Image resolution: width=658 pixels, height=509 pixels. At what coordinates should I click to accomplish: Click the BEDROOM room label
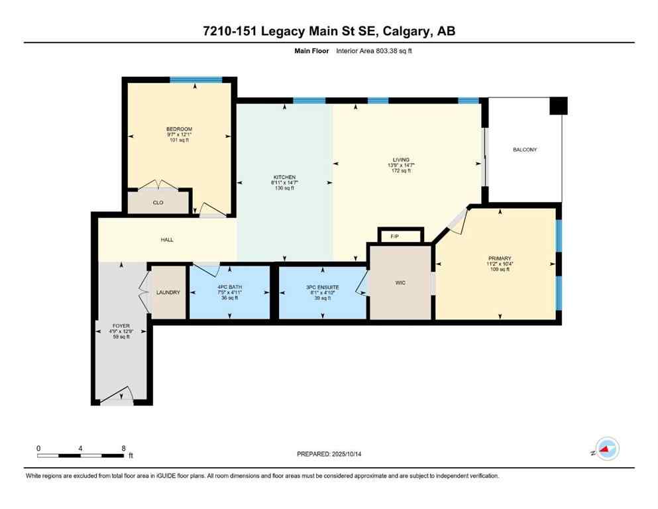(179, 129)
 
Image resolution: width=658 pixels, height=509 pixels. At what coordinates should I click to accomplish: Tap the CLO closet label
(158, 203)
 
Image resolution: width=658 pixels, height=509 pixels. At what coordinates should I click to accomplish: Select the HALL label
(167, 239)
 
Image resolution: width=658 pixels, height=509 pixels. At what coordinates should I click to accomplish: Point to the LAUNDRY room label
(168, 292)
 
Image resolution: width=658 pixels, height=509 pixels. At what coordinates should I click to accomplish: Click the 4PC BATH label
(229, 286)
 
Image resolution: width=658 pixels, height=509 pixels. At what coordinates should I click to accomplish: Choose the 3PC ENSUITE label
(323, 286)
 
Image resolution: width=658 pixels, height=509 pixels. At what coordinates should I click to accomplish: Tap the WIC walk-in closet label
(400, 283)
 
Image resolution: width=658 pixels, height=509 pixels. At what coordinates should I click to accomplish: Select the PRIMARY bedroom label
(500, 258)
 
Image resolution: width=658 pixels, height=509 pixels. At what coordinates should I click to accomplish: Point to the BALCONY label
(525, 150)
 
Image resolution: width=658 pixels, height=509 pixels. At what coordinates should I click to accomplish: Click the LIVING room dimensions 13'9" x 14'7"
(401, 165)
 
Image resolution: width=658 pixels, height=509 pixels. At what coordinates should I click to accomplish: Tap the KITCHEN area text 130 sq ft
(285, 188)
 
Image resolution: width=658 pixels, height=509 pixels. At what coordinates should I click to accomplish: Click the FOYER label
(120, 325)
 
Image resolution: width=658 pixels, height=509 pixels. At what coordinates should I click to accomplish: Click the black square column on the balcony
(559, 106)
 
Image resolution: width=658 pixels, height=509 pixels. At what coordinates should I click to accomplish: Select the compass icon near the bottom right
(606, 449)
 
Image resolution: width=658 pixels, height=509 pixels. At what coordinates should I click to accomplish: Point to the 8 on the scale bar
(124, 448)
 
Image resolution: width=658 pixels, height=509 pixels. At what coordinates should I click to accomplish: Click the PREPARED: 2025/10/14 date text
(329, 454)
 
